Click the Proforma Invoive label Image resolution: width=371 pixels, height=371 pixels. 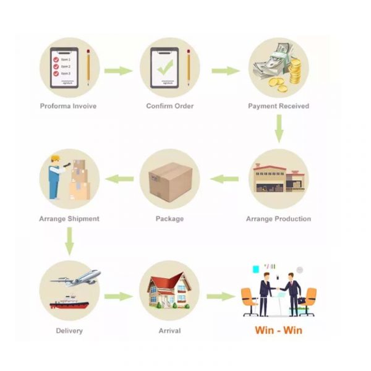tap(68, 106)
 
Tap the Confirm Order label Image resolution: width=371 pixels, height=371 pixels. tap(170, 106)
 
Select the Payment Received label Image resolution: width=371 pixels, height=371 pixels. tap(278, 106)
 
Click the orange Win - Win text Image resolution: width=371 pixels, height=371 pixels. tap(278, 330)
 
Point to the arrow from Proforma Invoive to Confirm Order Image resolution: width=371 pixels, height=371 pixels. tap(118, 70)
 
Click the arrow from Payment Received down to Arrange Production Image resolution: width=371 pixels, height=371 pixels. tap(279, 129)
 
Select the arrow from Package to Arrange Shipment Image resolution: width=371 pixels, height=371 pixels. tap(119, 179)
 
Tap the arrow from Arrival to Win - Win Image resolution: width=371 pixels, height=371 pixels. tap(221, 296)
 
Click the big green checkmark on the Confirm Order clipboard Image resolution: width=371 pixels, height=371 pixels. tap(165, 67)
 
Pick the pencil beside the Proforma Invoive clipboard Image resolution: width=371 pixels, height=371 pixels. tap(88, 67)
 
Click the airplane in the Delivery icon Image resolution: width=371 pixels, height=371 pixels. tap(76, 278)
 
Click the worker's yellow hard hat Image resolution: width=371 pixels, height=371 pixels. tap(56, 158)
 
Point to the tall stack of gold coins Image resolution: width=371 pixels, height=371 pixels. tap(295, 71)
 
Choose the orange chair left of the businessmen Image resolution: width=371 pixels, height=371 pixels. tap(249, 302)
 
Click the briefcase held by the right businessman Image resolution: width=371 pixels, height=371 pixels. tap(302, 301)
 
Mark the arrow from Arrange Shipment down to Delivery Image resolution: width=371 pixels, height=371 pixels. tap(69, 241)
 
